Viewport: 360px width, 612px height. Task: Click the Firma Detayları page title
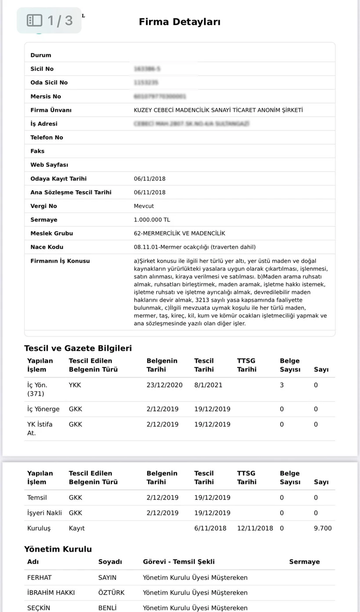(180, 22)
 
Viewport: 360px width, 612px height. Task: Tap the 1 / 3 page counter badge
(49, 20)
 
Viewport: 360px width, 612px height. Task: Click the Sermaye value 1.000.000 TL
(151, 220)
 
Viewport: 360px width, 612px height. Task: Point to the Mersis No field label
(46, 97)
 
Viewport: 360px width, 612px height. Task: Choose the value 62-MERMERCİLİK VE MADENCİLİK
(179, 233)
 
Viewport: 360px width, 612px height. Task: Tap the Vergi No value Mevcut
(144, 206)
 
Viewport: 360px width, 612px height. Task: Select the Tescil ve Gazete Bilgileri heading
(78, 348)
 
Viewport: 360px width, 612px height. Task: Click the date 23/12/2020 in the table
(164, 385)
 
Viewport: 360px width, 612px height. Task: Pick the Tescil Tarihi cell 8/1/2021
(208, 385)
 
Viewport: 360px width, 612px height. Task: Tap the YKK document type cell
(75, 385)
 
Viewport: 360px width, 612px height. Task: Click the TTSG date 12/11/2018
(255, 528)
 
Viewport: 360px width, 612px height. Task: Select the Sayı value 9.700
(323, 528)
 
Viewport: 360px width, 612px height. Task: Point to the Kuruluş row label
(39, 528)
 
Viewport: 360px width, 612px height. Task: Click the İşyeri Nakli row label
(44, 513)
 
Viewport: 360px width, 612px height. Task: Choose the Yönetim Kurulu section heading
(58, 549)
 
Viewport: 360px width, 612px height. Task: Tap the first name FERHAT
(39, 578)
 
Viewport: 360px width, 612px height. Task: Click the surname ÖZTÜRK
(111, 593)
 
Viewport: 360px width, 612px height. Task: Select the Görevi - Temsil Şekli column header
(179, 562)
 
